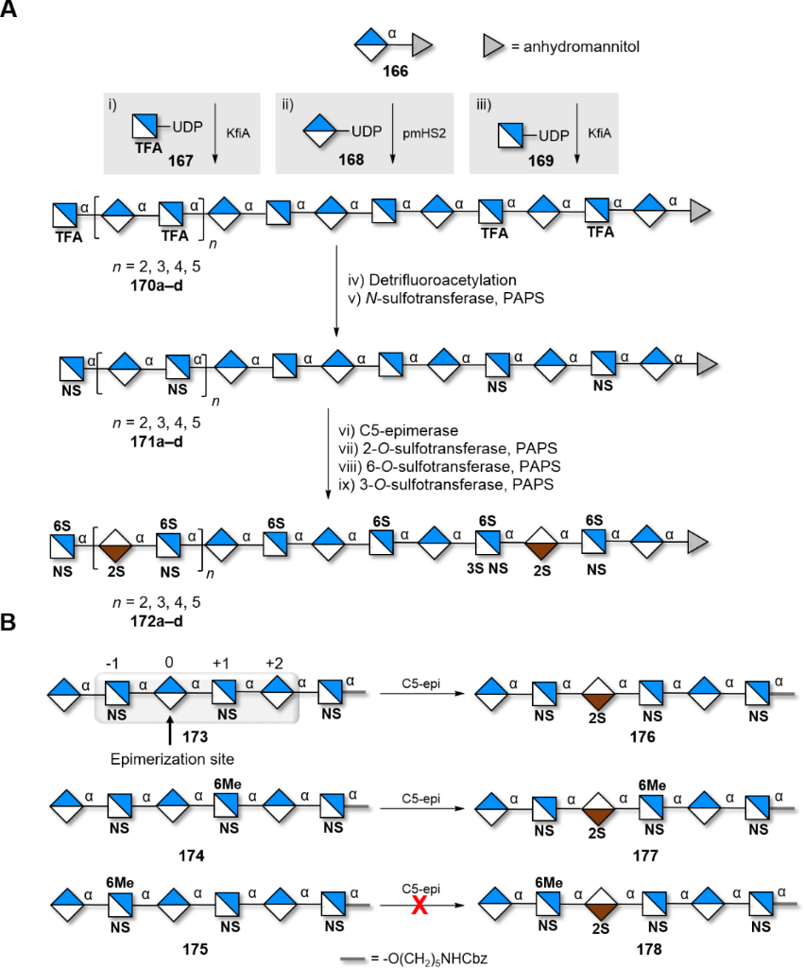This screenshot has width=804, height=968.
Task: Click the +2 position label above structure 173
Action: point(273,664)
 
